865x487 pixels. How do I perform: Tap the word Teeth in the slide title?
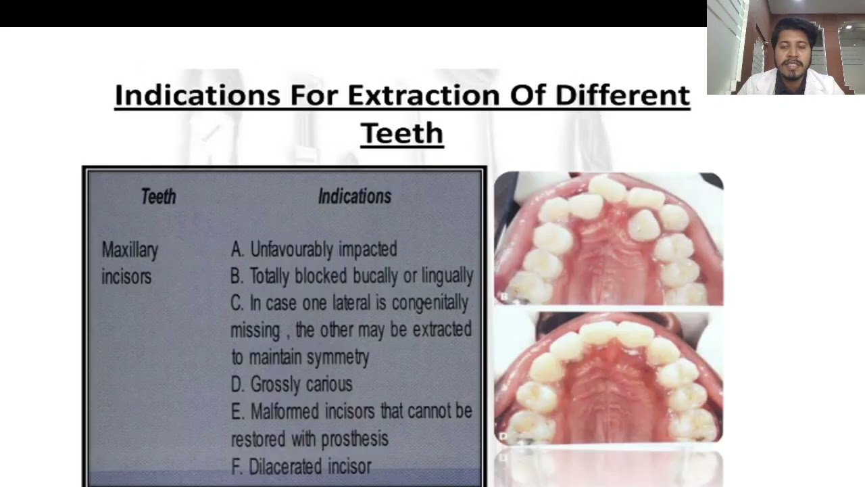[x=401, y=133]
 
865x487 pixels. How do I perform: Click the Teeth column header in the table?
[x=158, y=197]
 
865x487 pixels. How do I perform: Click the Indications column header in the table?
[x=354, y=197]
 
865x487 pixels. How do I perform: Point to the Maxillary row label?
[x=130, y=250]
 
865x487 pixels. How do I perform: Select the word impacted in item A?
[x=368, y=250]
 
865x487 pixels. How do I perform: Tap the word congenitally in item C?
[x=430, y=303]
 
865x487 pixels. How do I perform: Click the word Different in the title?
[x=622, y=95]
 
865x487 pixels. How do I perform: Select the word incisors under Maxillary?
[x=126, y=277]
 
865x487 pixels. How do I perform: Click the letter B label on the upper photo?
[x=503, y=296]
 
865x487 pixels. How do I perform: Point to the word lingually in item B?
[x=447, y=276]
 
